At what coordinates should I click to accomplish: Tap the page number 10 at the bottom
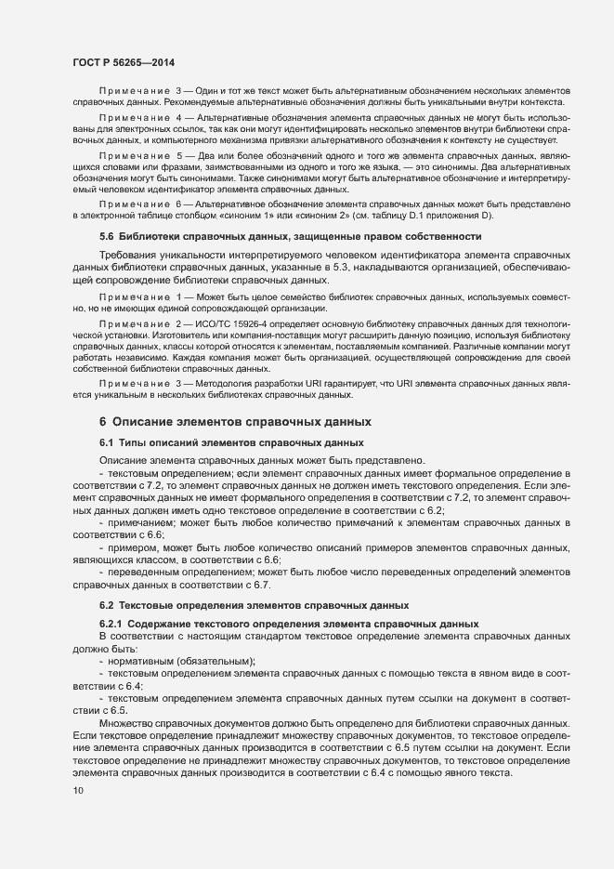77,790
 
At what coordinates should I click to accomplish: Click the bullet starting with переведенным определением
176,573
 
